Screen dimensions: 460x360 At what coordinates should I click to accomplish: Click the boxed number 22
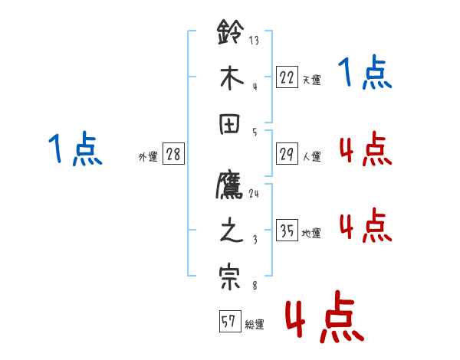tap(287, 77)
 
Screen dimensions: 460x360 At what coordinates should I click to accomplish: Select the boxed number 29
tap(287, 153)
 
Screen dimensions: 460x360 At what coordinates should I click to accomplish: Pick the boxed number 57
tap(229, 322)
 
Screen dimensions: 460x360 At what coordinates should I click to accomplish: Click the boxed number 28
tap(173, 154)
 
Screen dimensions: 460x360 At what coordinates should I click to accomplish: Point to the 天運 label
tap(311, 80)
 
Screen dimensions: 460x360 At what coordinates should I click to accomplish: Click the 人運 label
tap(311, 156)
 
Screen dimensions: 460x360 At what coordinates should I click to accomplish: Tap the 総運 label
tap(255, 326)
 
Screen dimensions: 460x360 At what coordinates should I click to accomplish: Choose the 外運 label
tap(148, 157)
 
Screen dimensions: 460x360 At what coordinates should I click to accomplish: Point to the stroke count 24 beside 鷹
tap(254, 194)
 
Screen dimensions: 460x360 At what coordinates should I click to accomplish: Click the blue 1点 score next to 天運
tap(365, 74)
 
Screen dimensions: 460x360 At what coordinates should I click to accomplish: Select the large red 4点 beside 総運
tap(324, 318)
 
